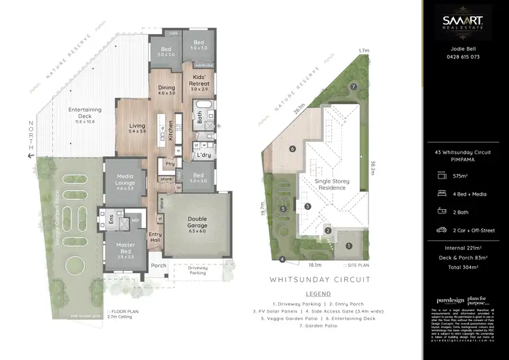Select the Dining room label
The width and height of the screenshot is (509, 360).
(166, 90)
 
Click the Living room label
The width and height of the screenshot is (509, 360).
(138, 128)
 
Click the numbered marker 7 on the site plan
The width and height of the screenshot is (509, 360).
(354, 87)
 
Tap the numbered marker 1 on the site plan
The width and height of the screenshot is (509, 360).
(348, 246)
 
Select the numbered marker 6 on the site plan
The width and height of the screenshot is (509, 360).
(292, 148)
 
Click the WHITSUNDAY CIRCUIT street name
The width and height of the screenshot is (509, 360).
(320, 279)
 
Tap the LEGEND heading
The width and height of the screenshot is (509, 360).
(320, 294)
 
